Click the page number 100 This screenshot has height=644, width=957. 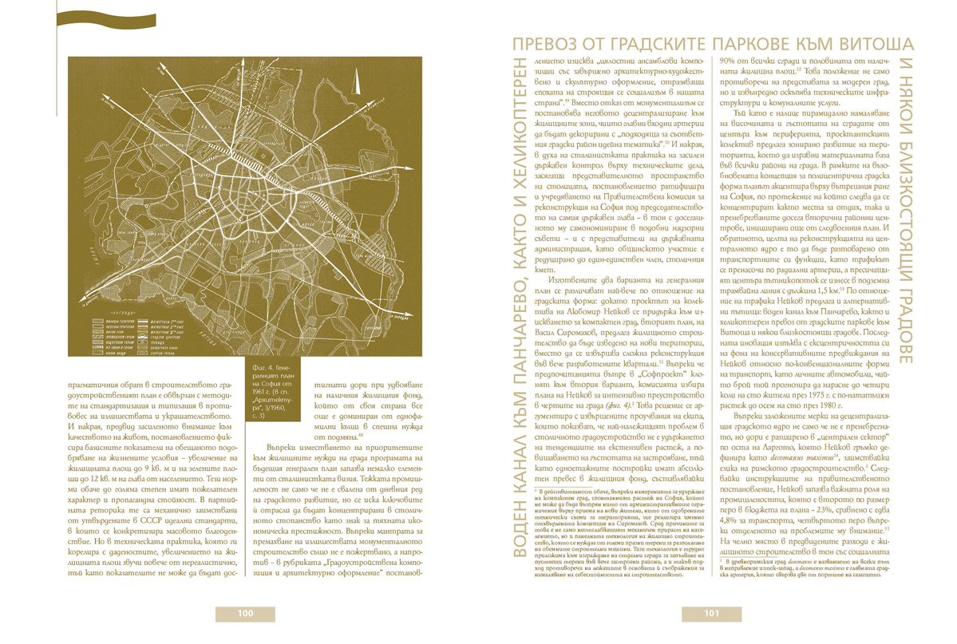pos(246,613)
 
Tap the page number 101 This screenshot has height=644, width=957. pos(713,613)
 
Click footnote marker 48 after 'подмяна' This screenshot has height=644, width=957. pos(361,436)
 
